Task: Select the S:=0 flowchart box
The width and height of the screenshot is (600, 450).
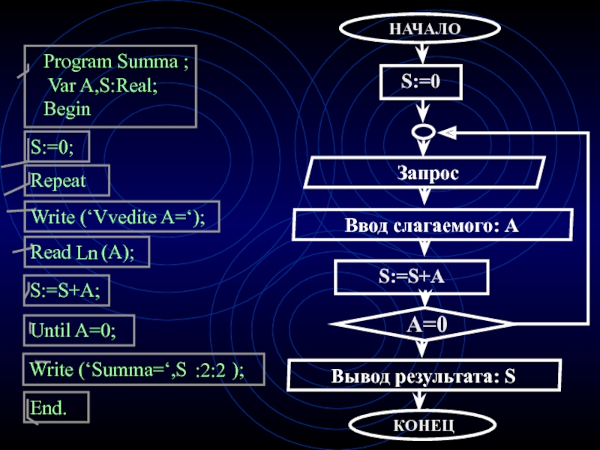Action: pos(420,82)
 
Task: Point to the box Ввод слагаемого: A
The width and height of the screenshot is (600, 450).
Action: pos(432,225)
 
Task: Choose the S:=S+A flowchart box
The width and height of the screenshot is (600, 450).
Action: pos(412,277)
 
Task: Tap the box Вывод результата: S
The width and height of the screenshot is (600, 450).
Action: pos(424,374)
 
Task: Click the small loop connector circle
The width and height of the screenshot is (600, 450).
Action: pos(422,132)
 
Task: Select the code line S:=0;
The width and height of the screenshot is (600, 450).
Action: pos(56,147)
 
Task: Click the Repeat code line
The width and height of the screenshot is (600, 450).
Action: pos(66,181)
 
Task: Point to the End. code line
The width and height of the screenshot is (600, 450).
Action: pos(55,407)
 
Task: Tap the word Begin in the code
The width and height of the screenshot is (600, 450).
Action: pos(67,109)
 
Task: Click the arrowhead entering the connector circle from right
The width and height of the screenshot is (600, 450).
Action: pos(445,132)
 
